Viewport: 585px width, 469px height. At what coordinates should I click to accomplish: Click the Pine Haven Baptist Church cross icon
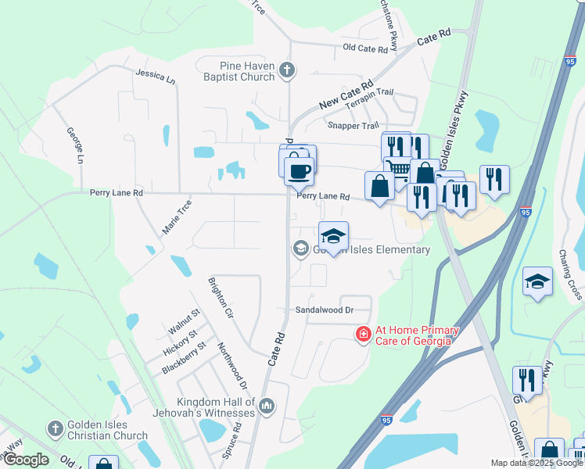point(287,70)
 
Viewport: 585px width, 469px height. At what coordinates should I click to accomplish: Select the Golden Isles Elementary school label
point(371,250)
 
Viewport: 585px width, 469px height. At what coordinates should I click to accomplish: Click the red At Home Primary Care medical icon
point(363,335)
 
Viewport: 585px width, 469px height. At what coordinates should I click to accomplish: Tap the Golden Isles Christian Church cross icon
point(55,428)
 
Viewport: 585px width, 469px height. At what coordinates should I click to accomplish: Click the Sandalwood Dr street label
point(324,310)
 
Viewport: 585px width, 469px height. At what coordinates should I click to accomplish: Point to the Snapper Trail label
point(353,126)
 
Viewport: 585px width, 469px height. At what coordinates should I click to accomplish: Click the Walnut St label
point(186,321)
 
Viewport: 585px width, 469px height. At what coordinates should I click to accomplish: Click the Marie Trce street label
point(176,217)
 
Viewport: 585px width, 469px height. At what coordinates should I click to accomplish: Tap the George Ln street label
point(74,145)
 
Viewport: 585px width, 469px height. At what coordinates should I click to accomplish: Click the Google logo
point(26,460)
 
